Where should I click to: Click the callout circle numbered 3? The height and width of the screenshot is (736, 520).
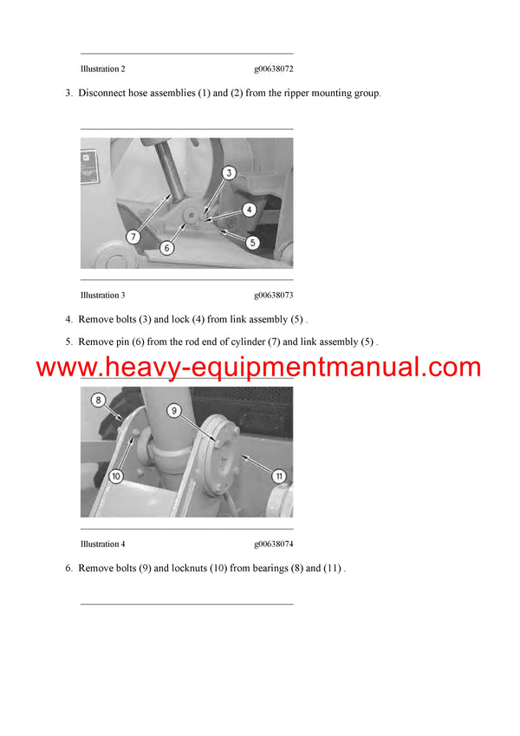[x=229, y=173]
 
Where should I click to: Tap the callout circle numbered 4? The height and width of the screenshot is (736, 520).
[x=249, y=209]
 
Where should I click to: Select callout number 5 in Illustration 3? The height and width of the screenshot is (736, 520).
[x=252, y=243]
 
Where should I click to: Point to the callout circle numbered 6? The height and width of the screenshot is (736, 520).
[x=167, y=247]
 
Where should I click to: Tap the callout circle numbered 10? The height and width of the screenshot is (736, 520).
[x=114, y=474]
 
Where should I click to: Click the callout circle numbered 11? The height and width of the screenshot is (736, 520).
[x=279, y=474]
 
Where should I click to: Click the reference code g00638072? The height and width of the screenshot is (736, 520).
[x=274, y=68]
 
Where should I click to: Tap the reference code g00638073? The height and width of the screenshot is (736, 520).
[x=274, y=296]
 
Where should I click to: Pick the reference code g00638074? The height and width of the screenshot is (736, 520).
[x=274, y=544]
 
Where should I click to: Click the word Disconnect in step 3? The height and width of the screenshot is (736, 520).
[x=100, y=93]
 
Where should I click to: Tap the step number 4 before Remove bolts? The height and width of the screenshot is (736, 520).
[x=68, y=319]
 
